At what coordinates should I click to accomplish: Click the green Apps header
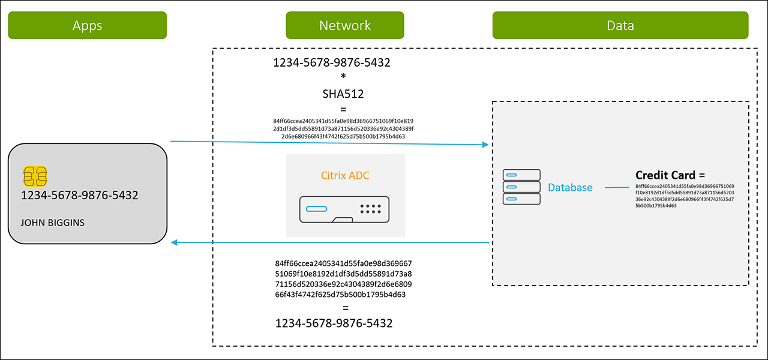click(x=87, y=25)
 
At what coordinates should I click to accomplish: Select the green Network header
click(x=345, y=25)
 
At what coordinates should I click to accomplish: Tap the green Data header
click(x=620, y=25)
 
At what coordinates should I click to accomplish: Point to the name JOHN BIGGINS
click(x=53, y=223)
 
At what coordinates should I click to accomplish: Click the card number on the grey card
click(x=80, y=195)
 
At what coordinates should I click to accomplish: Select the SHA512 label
click(x=343, y=94)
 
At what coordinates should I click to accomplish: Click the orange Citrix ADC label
click(x=346, y=176)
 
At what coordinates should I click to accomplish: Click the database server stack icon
click(x=521, y=187)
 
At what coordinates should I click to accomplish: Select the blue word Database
click(x=570, y=188)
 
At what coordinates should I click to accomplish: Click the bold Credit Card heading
click(x=670, y=175)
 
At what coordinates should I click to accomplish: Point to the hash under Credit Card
click(x=685, y=196)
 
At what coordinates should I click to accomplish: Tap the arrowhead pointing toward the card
click(x=175, y=242)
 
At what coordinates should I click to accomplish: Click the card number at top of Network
click(x=332, y=62)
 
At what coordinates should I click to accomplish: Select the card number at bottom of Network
click(x=334, y=323)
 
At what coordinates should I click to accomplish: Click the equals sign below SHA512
click(x=343, y=109)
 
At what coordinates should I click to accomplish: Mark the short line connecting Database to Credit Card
click(x=617, y=188)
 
